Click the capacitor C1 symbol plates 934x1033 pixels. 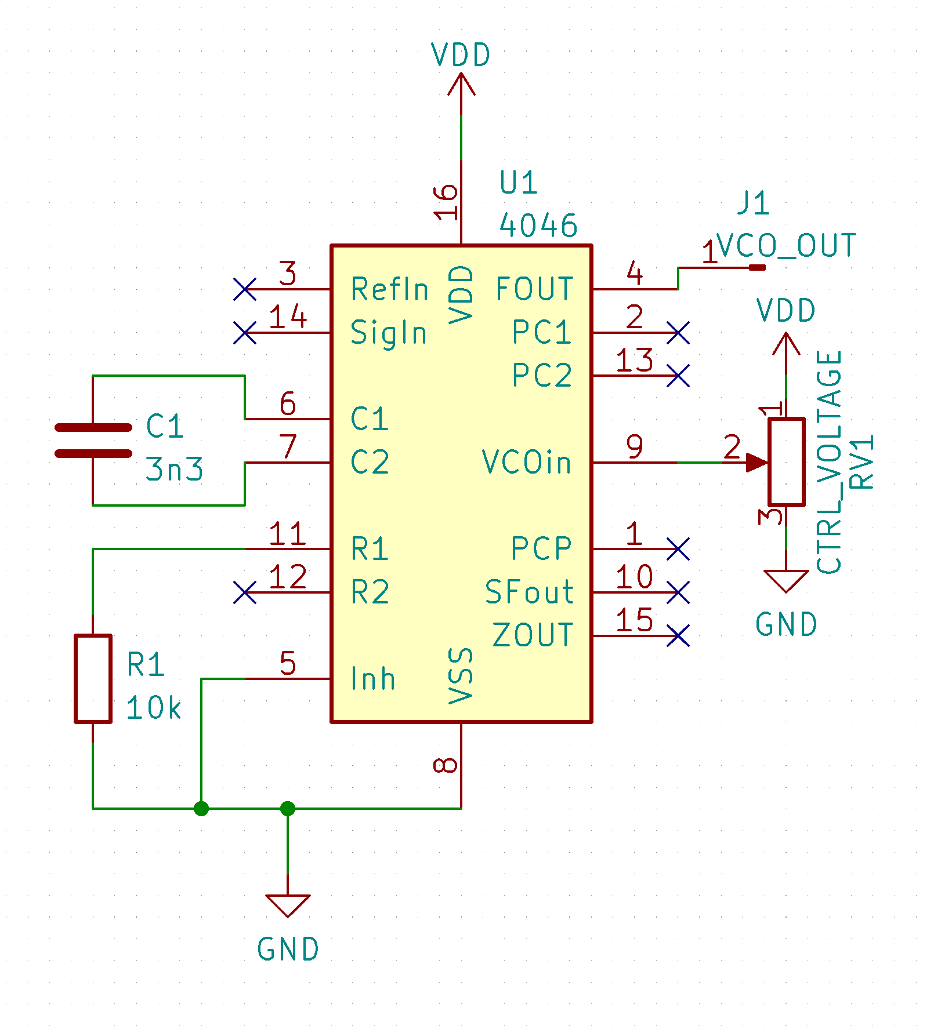tap(93, 441)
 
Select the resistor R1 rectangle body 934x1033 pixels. tap(93, 679)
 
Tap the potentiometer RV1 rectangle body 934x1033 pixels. tap(786, 462)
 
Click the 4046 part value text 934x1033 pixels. tap(538, 225)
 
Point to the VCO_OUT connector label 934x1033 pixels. tap(786, 246)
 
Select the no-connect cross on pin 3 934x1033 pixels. tap(245, 289)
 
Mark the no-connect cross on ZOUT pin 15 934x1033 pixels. tap(678, 635)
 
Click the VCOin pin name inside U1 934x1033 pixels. tap(527, 463)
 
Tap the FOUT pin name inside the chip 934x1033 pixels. tap(534, 289)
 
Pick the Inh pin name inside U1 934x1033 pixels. tap(373, 679)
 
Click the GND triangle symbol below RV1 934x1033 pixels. tap(786, 580)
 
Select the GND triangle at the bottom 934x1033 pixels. tap(288, 904)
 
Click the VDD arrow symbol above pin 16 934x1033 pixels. tap(461, 84)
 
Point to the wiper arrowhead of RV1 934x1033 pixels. tap(757, 463)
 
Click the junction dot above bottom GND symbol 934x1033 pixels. tap(288, 808)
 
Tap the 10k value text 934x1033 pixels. tap(154, 708)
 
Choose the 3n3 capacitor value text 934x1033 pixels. tap(174, 469)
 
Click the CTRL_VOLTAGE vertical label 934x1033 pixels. tap(830, 462)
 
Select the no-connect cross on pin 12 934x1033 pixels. tap(245, 592)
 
